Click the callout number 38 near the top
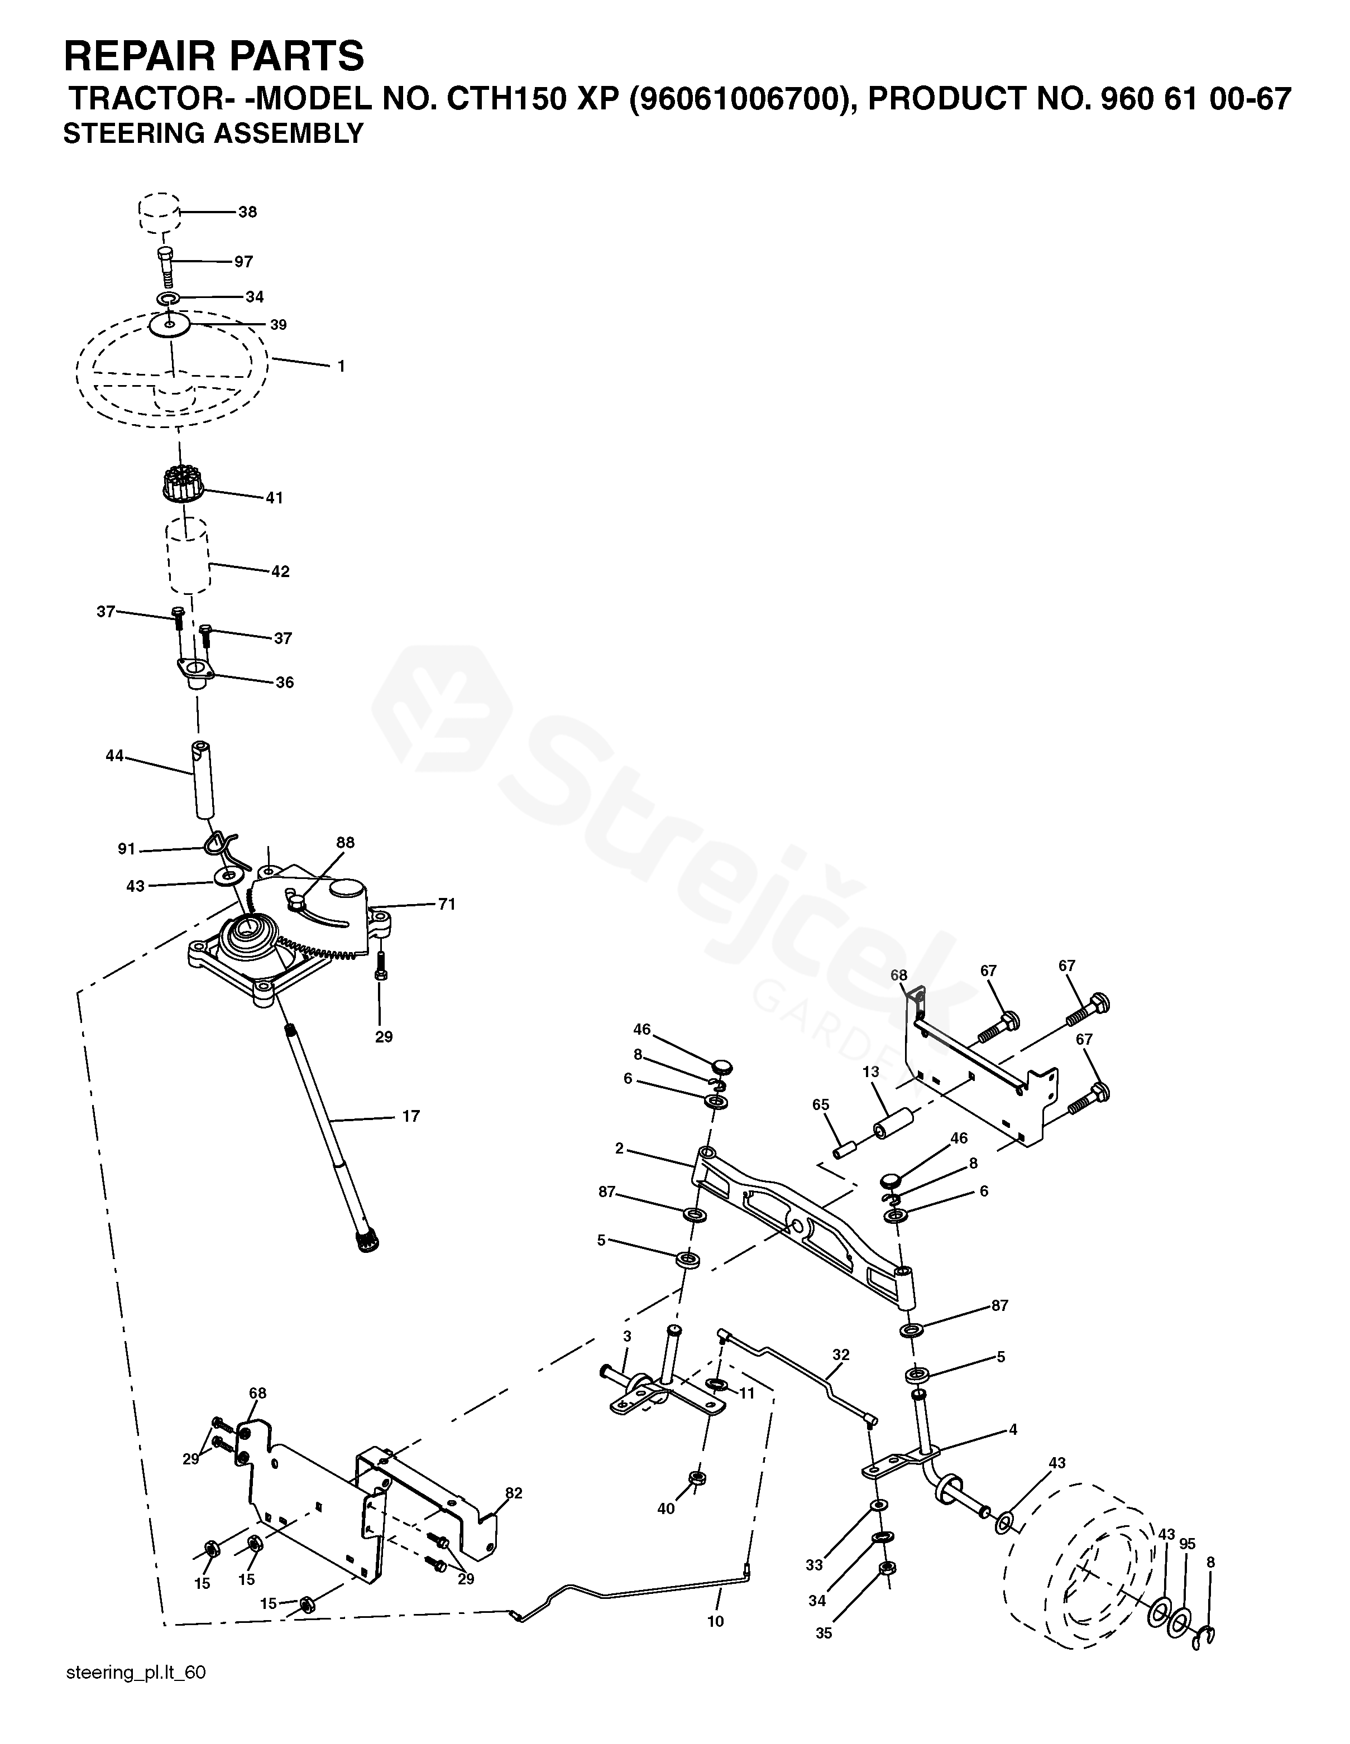[x=248, y=213]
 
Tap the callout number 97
[x=243, y=262]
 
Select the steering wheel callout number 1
[x=341, y=367]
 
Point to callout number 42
[x=280, y=571]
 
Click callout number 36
[x=284, y=683]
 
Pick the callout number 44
[x=115, y=756]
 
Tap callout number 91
[x=126, y=849]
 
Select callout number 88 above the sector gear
[x=345, y=843]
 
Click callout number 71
[x=447, y=904]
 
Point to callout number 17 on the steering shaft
[x=410, y=1116]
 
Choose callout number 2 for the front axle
[x=619, y=1149]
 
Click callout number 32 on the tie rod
[x=840, y=1354]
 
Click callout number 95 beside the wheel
[x=1187, y=1544]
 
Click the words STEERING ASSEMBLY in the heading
[x=213, y=133]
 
